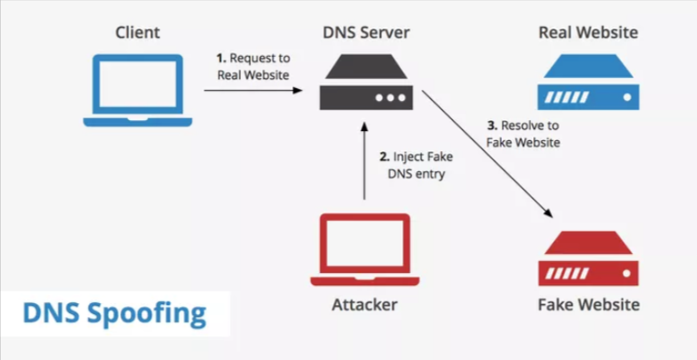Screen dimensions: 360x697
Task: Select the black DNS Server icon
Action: pos(365,82)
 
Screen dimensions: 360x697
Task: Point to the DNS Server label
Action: pos(365,34)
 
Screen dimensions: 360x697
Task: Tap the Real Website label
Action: pos(588,34)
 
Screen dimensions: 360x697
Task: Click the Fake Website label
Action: pos(588,304)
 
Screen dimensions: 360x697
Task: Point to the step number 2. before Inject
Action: pos(384,157)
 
